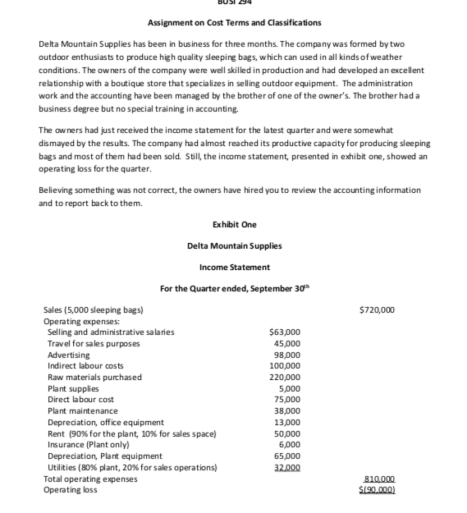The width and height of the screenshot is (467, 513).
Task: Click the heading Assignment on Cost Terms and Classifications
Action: (x=234, y=22)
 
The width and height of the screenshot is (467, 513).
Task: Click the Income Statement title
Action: (x=234, y=267)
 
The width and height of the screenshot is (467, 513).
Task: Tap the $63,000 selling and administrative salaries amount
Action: (x=285, y=332)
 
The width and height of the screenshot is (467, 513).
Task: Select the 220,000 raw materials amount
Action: (x=285, y=377)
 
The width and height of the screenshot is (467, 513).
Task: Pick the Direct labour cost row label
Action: (x=80, y=399)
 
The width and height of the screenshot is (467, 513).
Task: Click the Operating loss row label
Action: (x=70, y=489)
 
